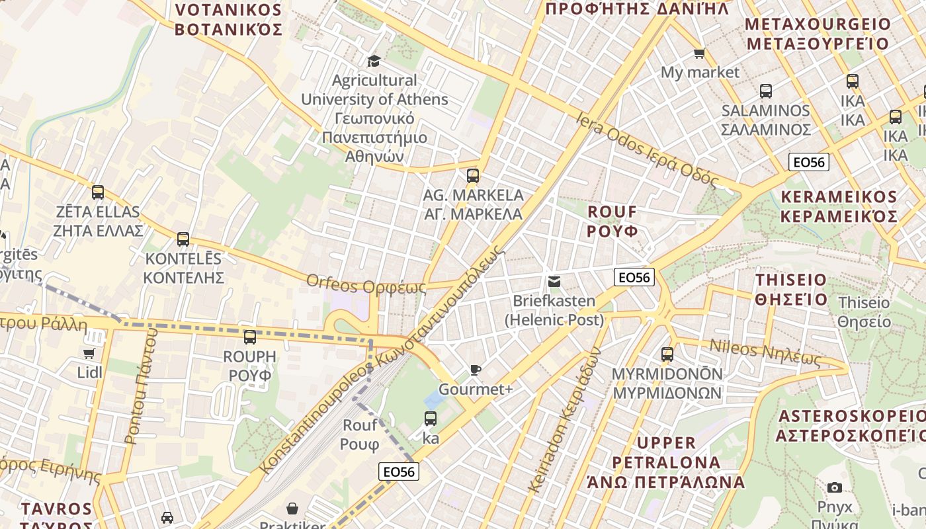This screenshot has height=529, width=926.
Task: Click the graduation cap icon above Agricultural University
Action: (374, 61)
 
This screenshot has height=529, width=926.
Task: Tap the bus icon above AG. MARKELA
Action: (472, 175)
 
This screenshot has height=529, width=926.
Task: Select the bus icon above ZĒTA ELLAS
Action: (98, 192)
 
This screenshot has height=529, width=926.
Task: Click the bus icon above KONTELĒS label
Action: (183, 239)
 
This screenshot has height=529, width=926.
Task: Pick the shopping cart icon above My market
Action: (699, 53)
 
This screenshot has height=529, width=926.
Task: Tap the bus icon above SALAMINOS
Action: (765, 91)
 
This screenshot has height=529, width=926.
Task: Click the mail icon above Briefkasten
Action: (554, 282)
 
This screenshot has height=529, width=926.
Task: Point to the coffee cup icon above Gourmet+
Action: (475, 370)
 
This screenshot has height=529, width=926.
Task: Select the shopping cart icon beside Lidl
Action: (89, 353)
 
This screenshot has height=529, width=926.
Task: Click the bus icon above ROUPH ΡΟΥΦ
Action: (249, 337)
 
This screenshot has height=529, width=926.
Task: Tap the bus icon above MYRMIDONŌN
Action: (667, 354)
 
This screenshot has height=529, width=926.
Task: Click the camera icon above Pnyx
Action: (835, 487)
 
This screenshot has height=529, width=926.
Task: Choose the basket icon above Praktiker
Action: (292, 508)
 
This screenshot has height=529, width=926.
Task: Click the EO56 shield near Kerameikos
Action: (808, 162)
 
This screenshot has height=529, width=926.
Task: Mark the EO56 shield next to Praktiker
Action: (400, 471)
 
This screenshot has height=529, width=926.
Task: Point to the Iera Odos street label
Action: (647, 149)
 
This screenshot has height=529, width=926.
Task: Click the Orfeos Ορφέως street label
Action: (366, 284)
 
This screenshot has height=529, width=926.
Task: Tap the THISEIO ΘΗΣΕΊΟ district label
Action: (791, 289)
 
